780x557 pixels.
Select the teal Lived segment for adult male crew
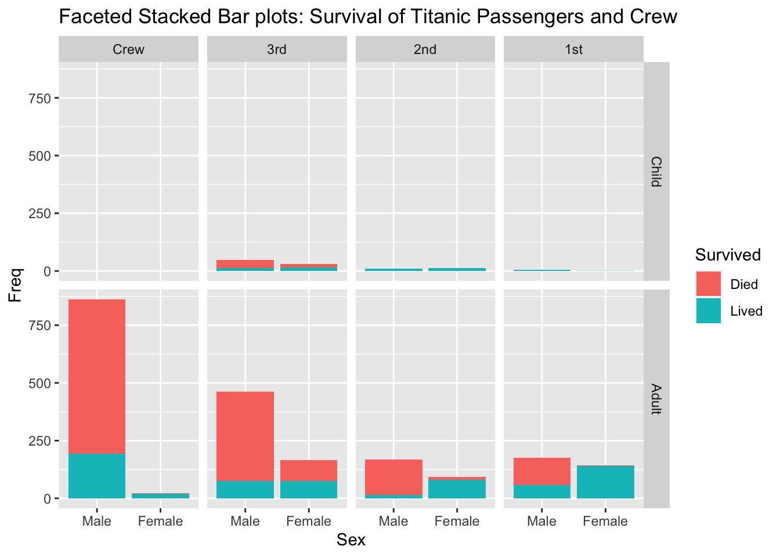click(x=97, y=476)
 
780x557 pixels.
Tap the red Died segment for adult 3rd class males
click(x=245, y=436)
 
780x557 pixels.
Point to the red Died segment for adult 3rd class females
click(x=309, y=471)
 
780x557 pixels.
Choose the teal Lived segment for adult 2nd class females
click(x=457, y=489)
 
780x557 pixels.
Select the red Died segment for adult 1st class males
click(x=541, y=471)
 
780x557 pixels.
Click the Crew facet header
click(x=128, y=49)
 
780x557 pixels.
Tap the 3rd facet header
click(x=277, y=49)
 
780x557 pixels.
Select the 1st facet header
click(x=573, y=49)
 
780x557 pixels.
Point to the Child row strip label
click(x=656, y=171)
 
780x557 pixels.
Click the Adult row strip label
click(x=656, y=399)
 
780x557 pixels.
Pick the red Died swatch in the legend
click(x=709, y=284)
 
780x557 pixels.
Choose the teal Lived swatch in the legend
click(x=709, y=311)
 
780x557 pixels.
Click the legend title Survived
click(x=728, y=255)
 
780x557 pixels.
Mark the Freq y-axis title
click(x=16, y=284)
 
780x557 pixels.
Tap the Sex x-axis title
click(x=351, y=540)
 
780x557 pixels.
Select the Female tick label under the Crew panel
click(x=160, y=521)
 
